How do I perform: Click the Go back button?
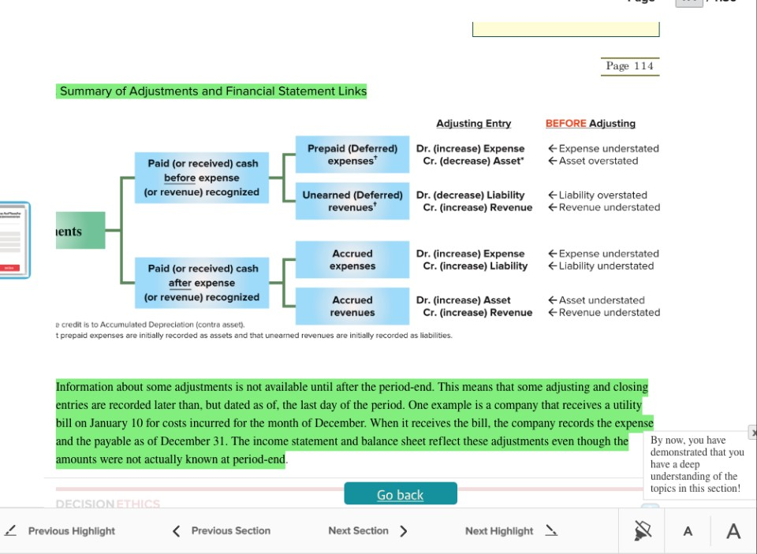(x=400, y=494)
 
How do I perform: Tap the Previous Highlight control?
(x=62, y=531)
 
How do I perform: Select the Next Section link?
(x=367, y=531)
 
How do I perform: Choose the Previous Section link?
(x=222, y=531)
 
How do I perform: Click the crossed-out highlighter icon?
(x=643, y=531)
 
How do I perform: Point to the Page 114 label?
(x=629, y=66)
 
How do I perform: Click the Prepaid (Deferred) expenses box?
(x=352, y=154)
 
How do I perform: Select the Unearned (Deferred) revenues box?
(x=352, y=201)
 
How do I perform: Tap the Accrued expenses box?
(x=352, y=260)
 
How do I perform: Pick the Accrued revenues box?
(x=352, y=307)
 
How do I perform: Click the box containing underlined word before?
(x=202, y=178)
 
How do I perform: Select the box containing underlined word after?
(x=202, y=283)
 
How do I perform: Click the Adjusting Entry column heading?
(x=473, y=124)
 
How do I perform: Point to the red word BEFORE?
(x=565, y=124)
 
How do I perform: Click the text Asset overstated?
(x=598, y=161)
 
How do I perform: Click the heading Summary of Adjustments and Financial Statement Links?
(x=213, y=91)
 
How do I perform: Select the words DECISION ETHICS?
(x=108, y=504)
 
